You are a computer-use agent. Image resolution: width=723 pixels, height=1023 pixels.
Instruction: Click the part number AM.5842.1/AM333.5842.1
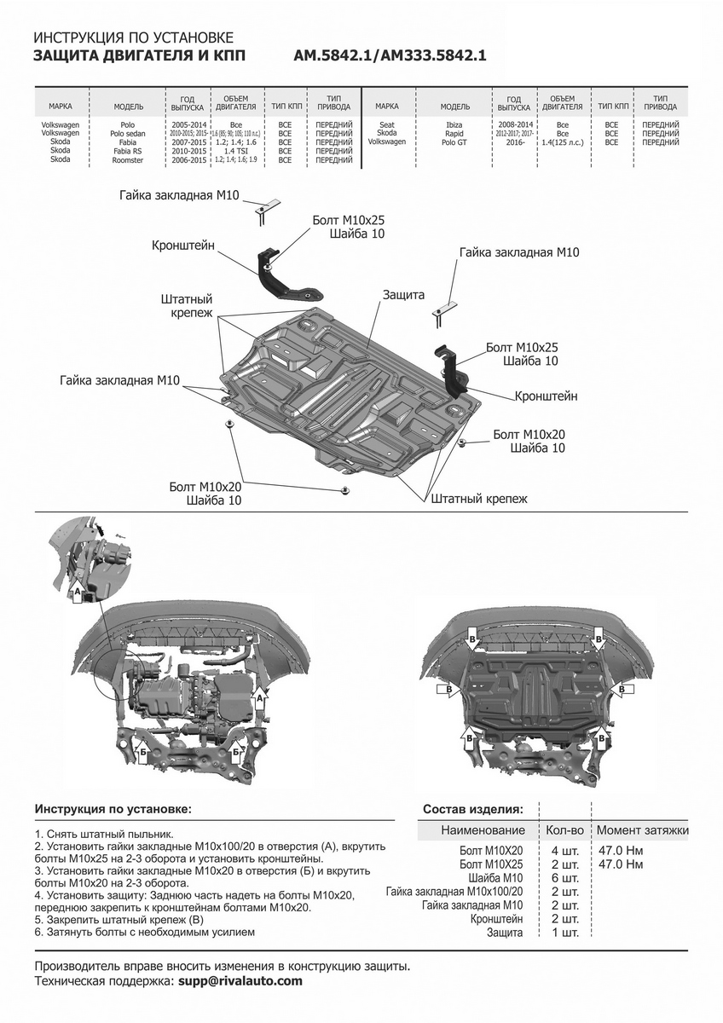tap(390, 56)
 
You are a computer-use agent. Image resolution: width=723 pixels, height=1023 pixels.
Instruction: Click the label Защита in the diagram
tap(403, 294)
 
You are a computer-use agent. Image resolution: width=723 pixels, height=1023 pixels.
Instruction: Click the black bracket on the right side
tap(451, 367)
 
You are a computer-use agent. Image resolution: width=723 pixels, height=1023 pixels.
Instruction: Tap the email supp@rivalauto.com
tap(240, 981)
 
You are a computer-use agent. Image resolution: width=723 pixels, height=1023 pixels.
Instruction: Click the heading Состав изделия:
tap(473, 809)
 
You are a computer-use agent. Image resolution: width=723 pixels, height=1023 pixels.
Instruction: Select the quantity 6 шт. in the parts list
tap(565, 878)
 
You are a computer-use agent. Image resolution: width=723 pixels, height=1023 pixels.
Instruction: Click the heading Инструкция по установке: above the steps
tap(113, 808)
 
